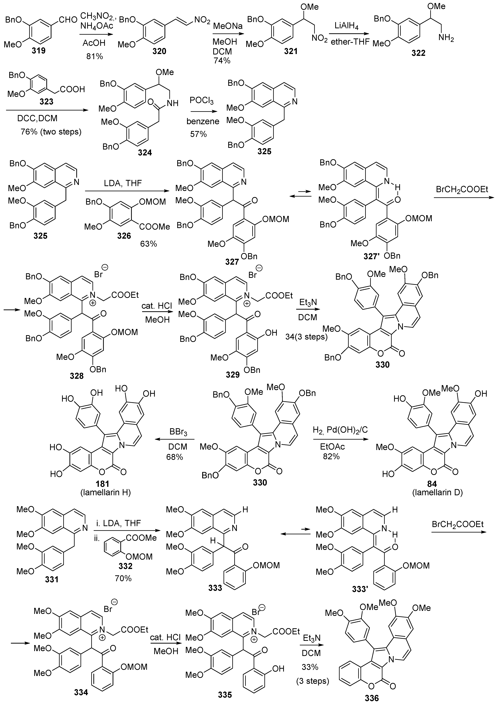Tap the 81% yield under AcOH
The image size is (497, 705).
(x=95, y=56)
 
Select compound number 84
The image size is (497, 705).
(x=432, y=484)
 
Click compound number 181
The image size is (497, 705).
(x=102, y=484)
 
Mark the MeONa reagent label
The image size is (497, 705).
(x=228, y=26)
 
